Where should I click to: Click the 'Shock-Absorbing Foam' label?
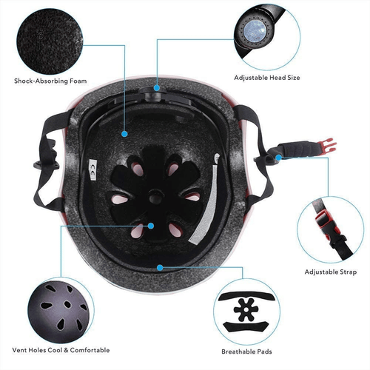50,81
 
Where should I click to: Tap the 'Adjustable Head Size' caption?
267,78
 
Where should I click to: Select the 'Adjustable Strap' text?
331,272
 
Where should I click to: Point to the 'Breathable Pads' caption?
246,351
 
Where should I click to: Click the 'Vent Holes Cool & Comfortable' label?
61,350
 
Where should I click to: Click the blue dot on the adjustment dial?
157,87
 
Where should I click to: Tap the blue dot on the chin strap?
278,158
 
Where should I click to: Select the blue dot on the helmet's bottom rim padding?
160,267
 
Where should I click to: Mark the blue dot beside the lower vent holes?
151,226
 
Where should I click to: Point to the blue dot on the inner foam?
124,134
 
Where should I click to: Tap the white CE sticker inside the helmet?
92,169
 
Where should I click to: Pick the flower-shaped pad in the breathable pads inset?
246,309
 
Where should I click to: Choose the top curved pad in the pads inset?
247,296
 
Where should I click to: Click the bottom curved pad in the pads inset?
246,327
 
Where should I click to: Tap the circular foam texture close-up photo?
50,41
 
